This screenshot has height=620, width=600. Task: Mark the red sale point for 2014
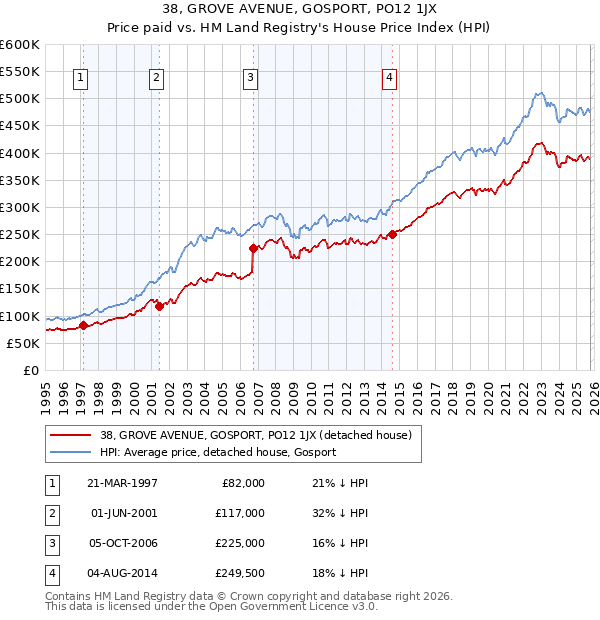[392, 234]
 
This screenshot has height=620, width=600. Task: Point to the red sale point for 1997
[84, 325]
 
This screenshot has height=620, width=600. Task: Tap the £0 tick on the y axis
[30, 370]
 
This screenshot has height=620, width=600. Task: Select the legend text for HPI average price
[218, 452]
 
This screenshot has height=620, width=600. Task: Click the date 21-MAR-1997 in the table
[124, 483]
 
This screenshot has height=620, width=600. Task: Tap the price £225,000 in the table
[241, 543]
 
